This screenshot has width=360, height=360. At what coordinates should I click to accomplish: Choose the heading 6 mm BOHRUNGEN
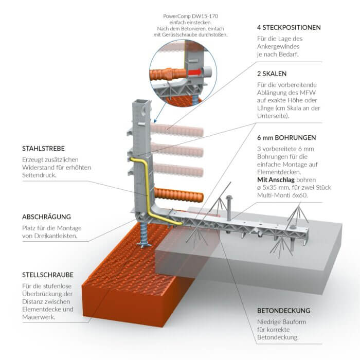coord(287,138)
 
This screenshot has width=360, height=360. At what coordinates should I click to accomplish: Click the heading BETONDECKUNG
coord(284,311)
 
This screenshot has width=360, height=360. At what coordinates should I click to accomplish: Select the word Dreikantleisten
coord(60,237)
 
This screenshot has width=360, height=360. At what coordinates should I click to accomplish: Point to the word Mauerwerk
coord(38,317)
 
